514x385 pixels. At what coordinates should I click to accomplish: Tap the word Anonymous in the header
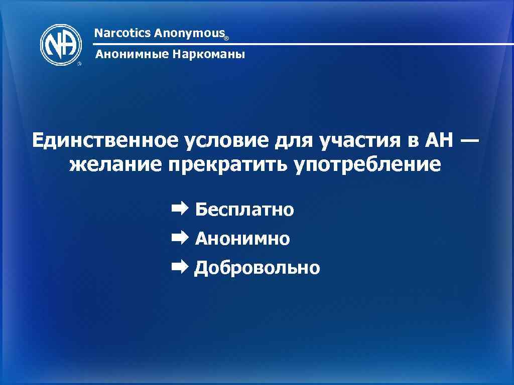(189, 34)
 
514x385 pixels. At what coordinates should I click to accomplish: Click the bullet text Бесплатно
(244, 209)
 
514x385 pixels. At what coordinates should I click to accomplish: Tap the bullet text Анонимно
(242, 239)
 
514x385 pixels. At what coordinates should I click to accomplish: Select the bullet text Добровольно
(257, 268)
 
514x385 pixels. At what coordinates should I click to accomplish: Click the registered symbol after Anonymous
(226, 38)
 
